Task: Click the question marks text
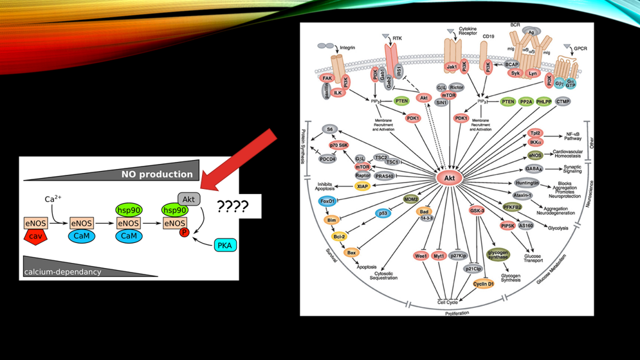tap(233, 206)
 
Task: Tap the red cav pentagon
tap(35, 237)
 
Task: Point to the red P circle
tap(184, 233)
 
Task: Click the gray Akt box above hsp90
tap(188, 199)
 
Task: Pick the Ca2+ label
tap(53, 199)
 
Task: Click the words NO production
tap(157, 174)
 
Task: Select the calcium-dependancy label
tap(62, 272)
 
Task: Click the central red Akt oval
tap(450, 177)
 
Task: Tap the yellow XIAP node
tap(362, 186)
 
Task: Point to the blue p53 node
tap(383, 213)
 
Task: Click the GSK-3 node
tap(477, 210)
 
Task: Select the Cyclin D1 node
tap(483, 283)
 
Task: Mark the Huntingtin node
tap(527, 183)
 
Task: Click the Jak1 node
tap(452, 66)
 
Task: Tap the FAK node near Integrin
tap(327, 78)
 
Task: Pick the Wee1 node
tap(421, 256)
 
